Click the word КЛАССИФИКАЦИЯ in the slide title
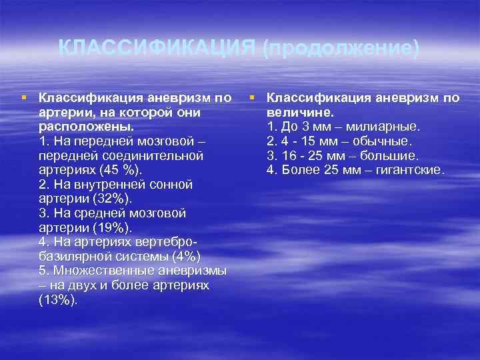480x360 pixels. (x=157, y=48)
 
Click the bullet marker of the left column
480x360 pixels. (x=25, y=97)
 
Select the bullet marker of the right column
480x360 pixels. (x=253, y=97)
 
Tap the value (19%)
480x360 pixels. (x=109, y=227)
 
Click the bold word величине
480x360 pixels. (x=295, y=113)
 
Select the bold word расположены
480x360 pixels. (x=85, y=127)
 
